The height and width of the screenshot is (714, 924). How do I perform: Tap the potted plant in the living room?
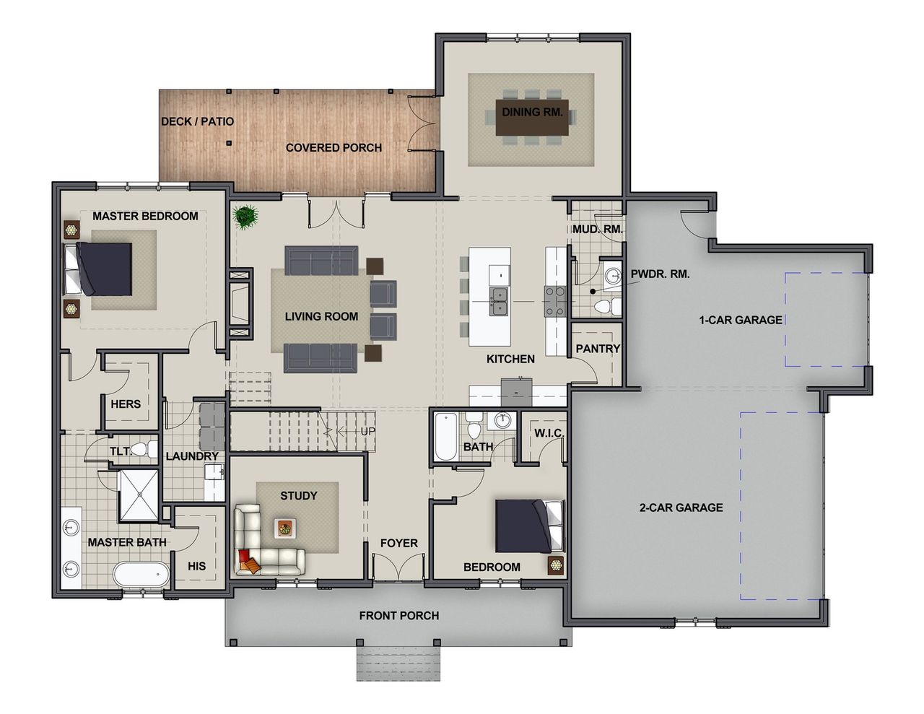point(247,217)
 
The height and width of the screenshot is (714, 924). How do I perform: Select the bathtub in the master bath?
point(141,575)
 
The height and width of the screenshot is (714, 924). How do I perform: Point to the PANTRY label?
point(598,348)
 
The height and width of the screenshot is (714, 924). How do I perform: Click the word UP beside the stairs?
point(367,432)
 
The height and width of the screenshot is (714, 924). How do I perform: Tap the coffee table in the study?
point(284,528)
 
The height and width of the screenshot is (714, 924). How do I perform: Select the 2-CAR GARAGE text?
point(681,508)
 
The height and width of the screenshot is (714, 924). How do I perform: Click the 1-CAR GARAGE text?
point(740,319)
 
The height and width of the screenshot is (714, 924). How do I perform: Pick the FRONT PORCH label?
point(398,615)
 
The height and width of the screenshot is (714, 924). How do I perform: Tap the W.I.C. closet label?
point(549,433)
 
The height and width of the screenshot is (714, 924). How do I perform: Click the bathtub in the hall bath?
point(445,435)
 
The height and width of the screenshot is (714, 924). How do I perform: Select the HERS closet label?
point(126,404)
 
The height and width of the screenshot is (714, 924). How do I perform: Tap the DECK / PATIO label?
point(197,121)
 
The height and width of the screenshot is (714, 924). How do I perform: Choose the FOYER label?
point(398,543)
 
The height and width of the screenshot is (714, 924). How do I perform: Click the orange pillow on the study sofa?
point(247,562)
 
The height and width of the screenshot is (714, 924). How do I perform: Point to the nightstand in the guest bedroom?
point(556,564)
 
